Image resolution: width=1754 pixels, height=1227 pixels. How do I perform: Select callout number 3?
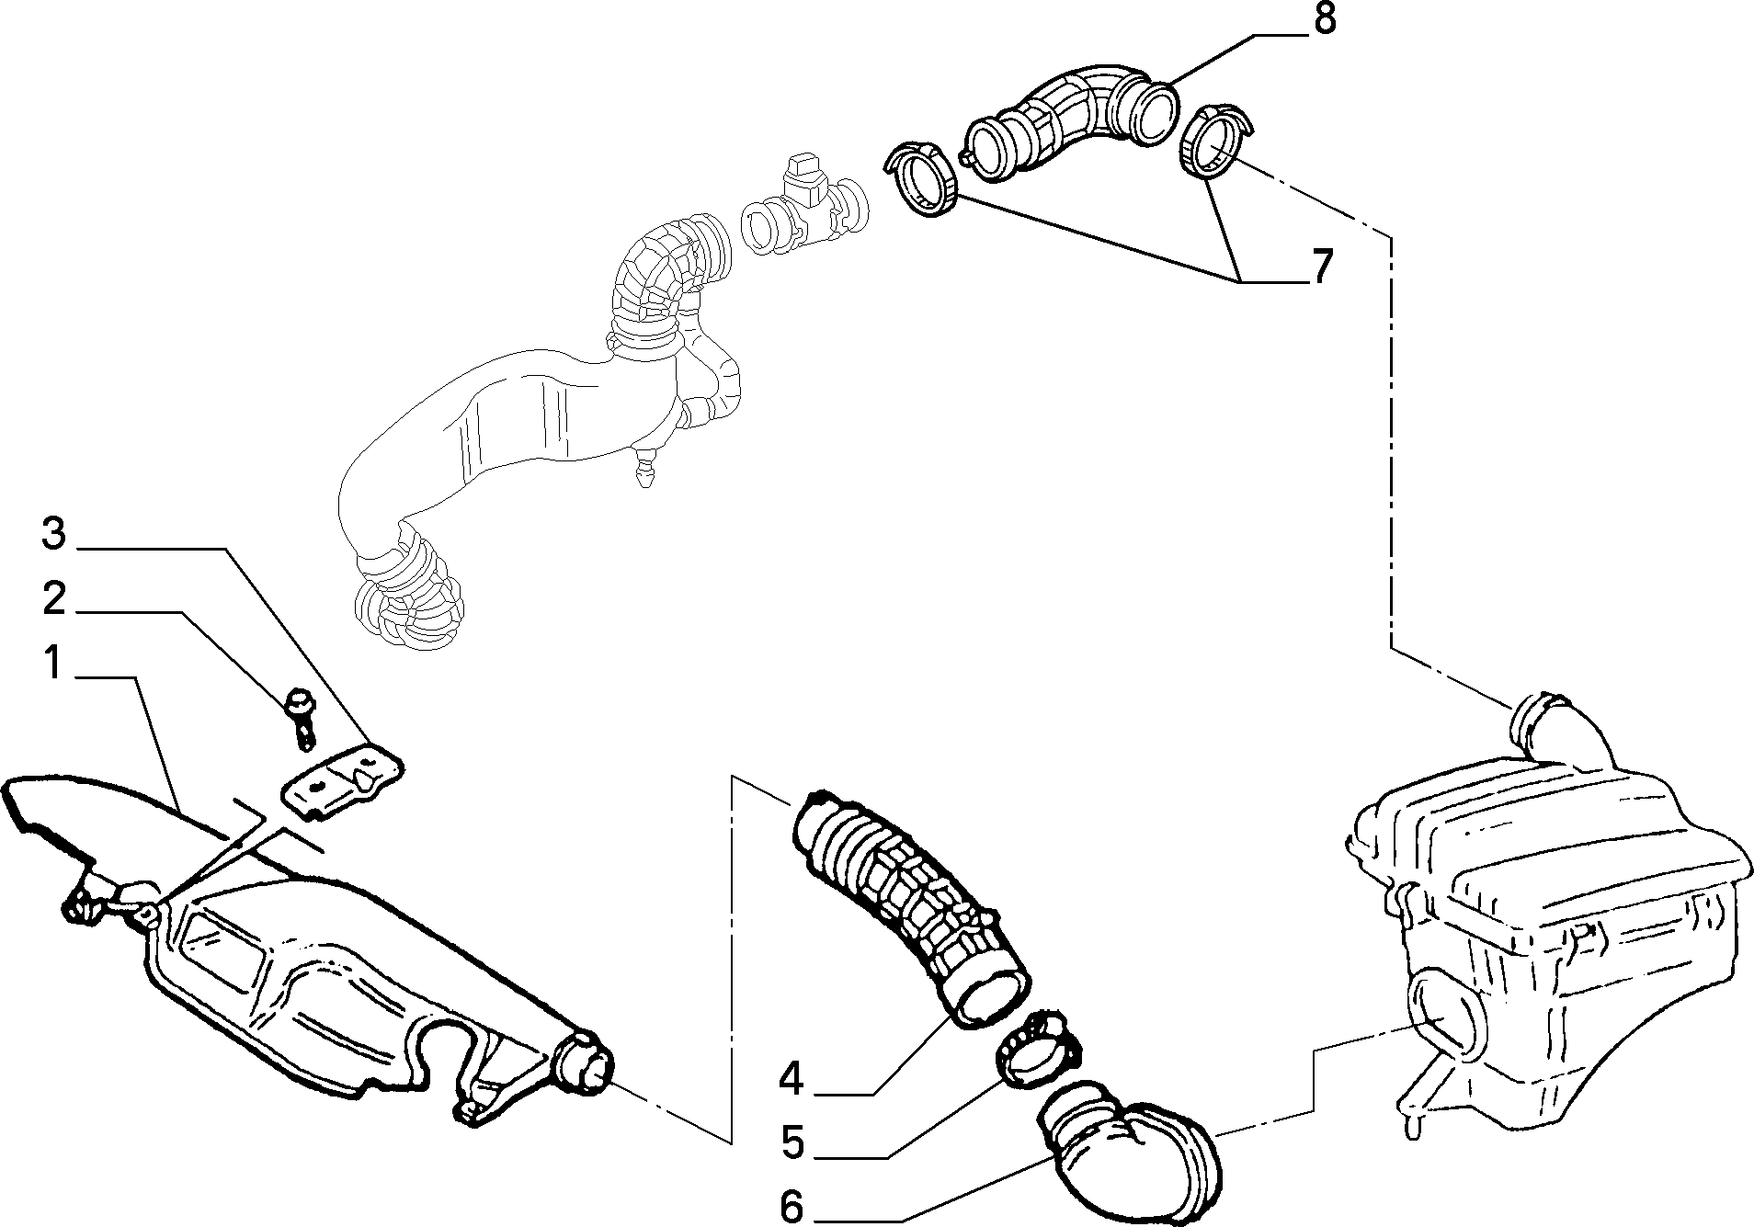54,534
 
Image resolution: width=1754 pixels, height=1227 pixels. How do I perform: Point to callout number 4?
791,1078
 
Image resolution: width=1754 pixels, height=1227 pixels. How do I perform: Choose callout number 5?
792,1142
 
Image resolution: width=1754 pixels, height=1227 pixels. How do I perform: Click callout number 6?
791,1205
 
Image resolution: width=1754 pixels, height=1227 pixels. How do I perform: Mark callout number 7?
1320,267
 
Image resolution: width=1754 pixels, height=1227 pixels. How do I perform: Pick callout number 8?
1323,20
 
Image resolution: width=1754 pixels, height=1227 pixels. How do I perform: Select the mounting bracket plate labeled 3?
342,778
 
